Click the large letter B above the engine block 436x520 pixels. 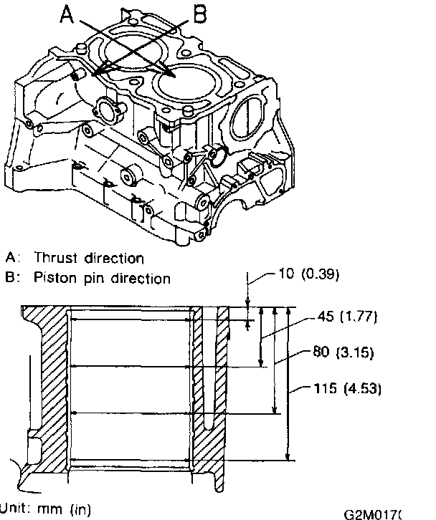tap(200, 14)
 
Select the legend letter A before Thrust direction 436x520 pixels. tap(10, 258)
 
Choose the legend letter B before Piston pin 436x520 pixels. tap(10, 278)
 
